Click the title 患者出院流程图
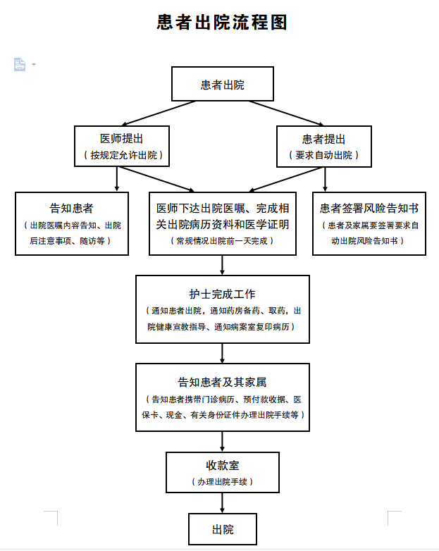222,23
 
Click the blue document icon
20,64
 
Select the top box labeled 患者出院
223,84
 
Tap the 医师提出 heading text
122,138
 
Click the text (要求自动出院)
323,155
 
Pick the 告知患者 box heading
71,208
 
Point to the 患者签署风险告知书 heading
369,208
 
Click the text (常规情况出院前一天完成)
222,241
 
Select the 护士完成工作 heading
223,294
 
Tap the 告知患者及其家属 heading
223,382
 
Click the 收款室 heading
223,465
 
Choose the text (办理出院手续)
223,482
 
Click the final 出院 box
223,529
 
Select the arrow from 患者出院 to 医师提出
159,113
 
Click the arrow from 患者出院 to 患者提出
287,113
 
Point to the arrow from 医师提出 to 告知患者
117,179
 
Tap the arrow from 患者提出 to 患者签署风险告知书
325,179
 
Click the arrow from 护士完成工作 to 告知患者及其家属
222,353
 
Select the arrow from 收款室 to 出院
222,503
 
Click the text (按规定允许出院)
123,155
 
